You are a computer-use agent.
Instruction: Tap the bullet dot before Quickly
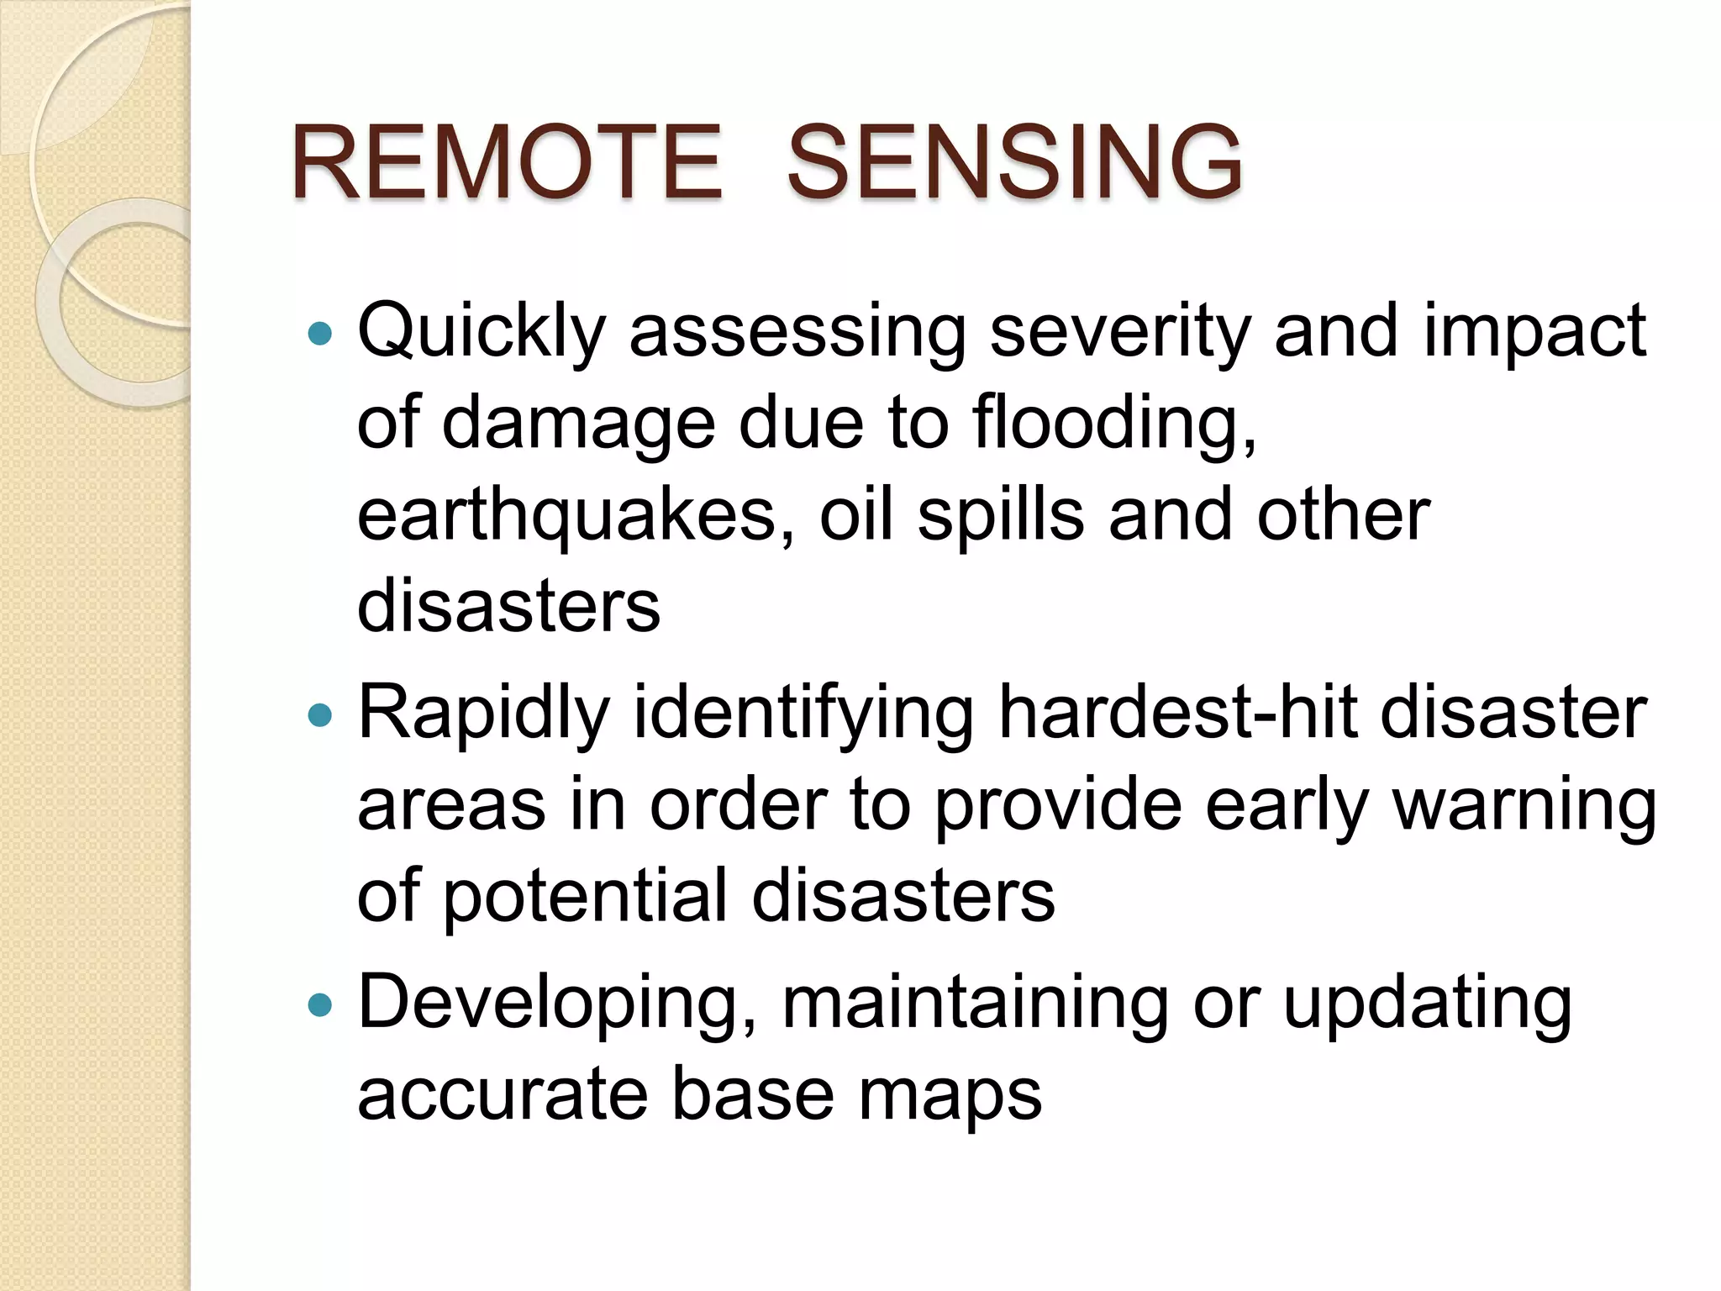320,335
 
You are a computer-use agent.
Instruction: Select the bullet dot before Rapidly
320,715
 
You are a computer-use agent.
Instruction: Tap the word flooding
1114,424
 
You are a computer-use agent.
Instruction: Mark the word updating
1427,1004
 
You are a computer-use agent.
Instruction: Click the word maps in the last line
950,1096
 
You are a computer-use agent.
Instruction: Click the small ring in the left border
126,303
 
